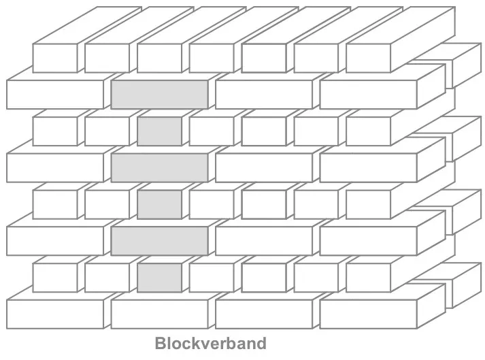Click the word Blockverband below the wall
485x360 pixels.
210,343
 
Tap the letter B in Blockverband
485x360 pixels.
161,343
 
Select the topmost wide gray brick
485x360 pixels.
159,95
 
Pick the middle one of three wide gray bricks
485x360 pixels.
159,167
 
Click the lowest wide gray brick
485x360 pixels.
159,240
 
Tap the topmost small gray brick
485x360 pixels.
159,131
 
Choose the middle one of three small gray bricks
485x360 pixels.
159,203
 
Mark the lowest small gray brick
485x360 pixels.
159,277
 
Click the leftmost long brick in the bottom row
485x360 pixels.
54,313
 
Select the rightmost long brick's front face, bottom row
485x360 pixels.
368,313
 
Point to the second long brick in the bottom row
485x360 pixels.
159,313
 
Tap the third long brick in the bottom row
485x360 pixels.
264,313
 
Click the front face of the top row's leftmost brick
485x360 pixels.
55,58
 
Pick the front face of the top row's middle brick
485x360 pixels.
212,58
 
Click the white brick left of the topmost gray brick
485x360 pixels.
54,95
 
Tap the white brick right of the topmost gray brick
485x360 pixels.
264,95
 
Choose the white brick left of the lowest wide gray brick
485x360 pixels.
54,240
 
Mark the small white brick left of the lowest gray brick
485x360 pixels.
107,277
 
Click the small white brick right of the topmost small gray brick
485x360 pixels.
212,131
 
